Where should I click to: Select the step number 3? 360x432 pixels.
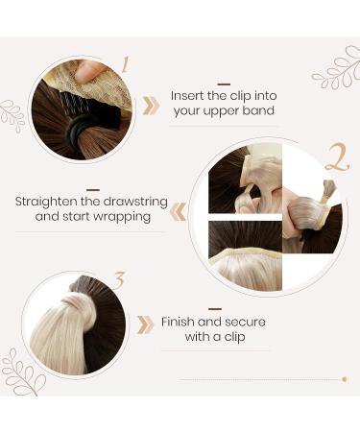pyautogui.click(x=120, y=282)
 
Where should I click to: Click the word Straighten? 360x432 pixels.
pyautogui.click(x=49, y=203)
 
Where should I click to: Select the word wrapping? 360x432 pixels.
pyautogui.click(x=124, y=218)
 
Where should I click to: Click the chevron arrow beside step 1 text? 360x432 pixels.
pyautogui.click(x=151, y=106)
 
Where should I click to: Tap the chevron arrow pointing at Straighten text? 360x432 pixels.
pyautogui.click(x=179, y=210)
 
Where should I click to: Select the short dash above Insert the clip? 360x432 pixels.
pyautogui.click(x=224, y=84)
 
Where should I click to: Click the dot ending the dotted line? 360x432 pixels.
pyautogui.click(x=344, y=379)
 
